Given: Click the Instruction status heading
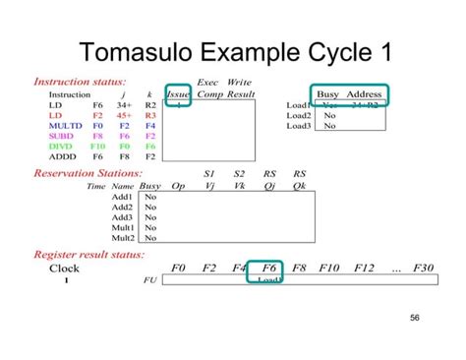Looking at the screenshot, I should [x=81, y=83].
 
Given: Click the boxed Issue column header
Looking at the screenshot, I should [x=178, y=94].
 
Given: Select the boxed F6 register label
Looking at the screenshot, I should [x=268, y=268].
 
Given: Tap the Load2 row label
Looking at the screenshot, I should [x=299, y=115].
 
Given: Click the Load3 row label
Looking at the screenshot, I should [x=299, y=126].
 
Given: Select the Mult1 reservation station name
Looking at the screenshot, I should [x=123, y=227].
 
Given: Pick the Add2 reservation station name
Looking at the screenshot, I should [x=123, y=207].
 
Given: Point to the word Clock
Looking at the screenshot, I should [x=65, y=268].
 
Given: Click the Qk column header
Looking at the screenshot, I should [x=299, y=185].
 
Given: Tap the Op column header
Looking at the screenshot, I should [x=178, y=185].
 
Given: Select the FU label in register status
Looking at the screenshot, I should [x=149, y=279].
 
